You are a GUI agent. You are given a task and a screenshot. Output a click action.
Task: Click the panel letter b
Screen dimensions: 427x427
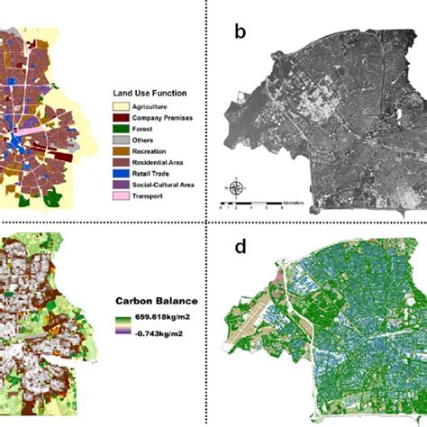pos(240,32)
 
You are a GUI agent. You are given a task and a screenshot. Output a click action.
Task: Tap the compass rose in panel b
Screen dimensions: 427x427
pos(234,188)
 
